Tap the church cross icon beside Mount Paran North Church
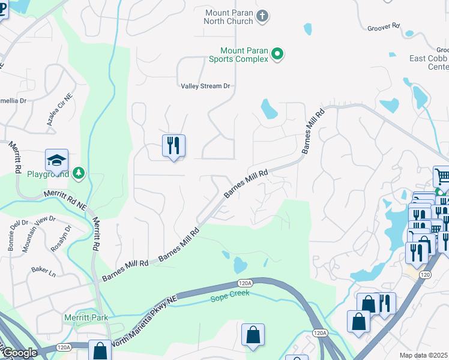coord(262,16)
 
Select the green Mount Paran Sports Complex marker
coord(277,55)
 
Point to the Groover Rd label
coord(383,26)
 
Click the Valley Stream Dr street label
coord(206,86)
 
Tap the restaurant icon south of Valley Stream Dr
coord(173,145)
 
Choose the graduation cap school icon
coord(56,160)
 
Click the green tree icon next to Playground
coord(78,174)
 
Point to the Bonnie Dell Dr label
coord(17,232)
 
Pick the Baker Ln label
coord(44,274)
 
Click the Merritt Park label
coord(83,317)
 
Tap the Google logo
coord(19,353)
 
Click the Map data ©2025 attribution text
coord(424,355)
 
